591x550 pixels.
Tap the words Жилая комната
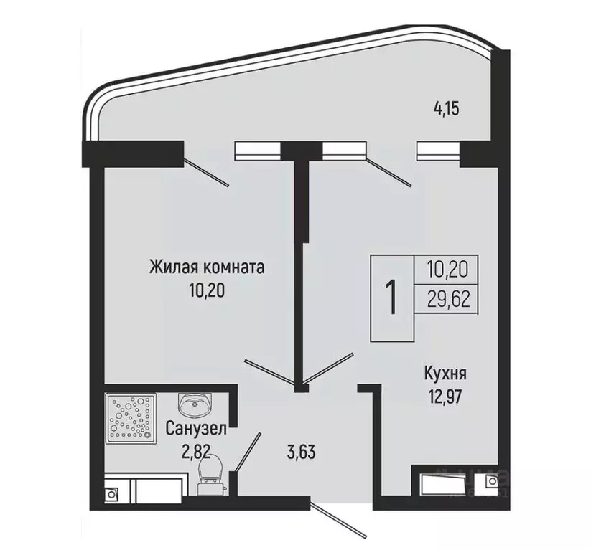pyautogui.click(x=207, y=267)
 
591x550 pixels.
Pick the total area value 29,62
pyautogui.click(x=447, y=299)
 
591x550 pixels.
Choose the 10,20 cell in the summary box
pyautogui.click(x=447, y=270)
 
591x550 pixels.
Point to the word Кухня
pyautogui.click(x=445, y=374)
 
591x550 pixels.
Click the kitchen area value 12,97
pyautogui.click(x=445, y=396)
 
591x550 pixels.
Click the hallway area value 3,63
pyautogui.click(x=301, y=452)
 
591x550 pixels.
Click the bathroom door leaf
pyautogui.click(x=248, y=451)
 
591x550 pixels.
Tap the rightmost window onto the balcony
pyautogui.click(x=438, y=151)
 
